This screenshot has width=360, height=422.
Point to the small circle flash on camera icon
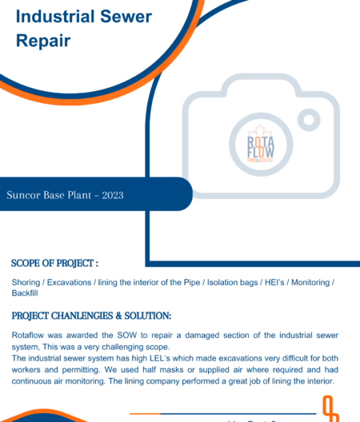[x=310, y=120]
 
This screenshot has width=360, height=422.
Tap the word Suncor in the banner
[x=25, y=194]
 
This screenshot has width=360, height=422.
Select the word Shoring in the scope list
[x=27, y=283]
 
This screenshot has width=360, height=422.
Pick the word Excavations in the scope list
[x=70, y=283]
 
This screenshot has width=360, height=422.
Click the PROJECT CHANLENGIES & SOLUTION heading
[x=91, y=316]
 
